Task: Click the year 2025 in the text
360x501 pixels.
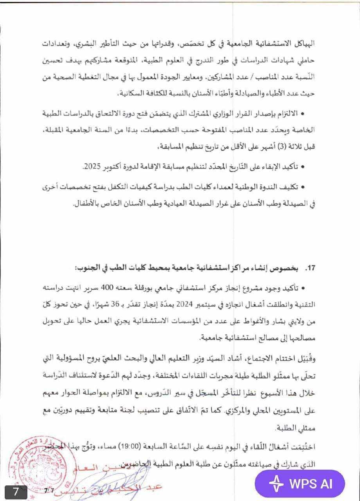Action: (92, 167)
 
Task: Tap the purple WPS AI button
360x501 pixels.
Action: (300, 483)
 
